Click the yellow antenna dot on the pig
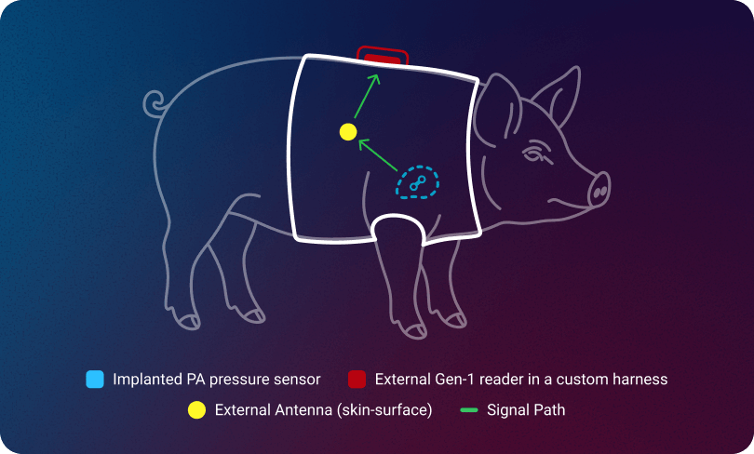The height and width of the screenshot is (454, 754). point(348,131)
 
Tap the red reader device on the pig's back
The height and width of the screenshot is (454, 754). point(383,58)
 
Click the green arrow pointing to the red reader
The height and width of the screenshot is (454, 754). point(369,95)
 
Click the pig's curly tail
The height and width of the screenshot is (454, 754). point(155,101)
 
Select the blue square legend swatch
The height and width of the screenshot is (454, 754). point(94,380)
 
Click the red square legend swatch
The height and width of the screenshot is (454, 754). point(356,380)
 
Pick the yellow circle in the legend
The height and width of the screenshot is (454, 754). point(196,409)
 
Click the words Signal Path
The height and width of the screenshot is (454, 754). point(526,409)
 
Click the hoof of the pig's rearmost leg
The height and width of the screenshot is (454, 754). point(190,321)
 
